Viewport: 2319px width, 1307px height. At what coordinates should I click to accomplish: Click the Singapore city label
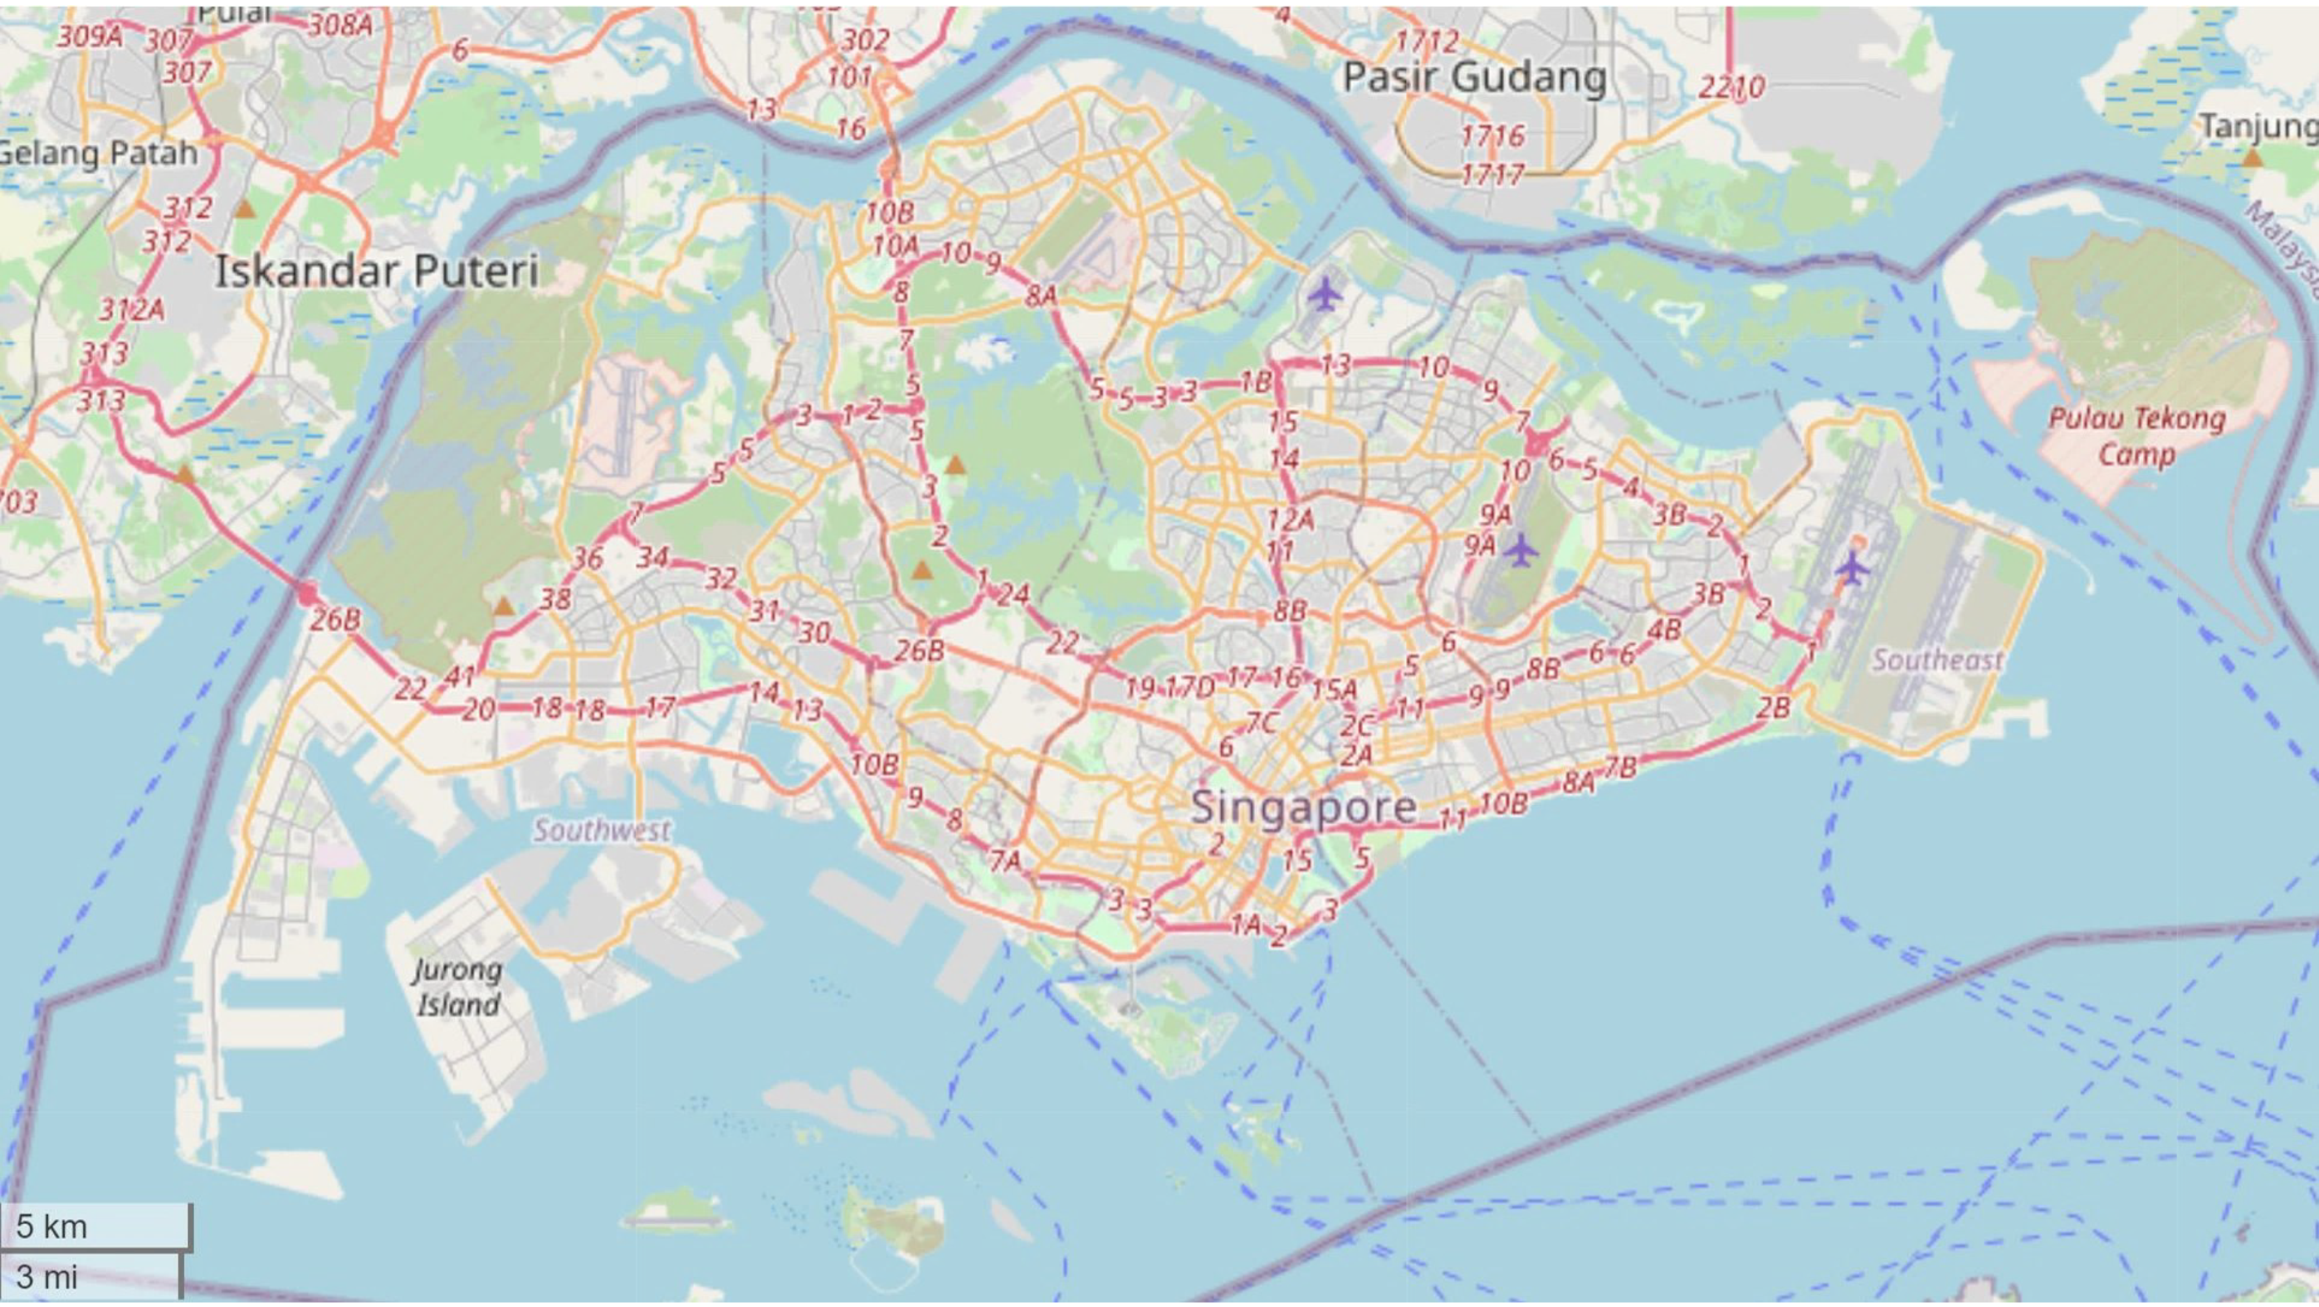point(1302,807)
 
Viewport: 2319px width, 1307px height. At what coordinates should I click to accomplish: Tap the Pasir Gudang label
point(1474,78)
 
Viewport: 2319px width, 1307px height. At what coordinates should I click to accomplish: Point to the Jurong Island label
point(457,988)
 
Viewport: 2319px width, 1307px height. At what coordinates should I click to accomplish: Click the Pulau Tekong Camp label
point(2136,436)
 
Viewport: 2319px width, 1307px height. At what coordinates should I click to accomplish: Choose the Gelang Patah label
point(97,153)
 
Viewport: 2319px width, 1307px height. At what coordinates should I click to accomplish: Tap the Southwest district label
point(601,830)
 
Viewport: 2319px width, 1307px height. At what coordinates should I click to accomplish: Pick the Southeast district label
point(1937,660)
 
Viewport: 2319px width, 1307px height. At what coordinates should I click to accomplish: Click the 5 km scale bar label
point(52,1227)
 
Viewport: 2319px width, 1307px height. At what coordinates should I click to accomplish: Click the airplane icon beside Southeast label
point(1851,568)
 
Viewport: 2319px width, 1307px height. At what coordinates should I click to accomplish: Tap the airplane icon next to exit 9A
point(1520,550)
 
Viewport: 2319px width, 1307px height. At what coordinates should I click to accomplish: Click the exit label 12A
point(1290,519)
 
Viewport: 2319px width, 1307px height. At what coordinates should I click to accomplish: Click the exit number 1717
point(1492,173)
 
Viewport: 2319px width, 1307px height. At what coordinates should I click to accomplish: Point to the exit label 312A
point(131,311)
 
